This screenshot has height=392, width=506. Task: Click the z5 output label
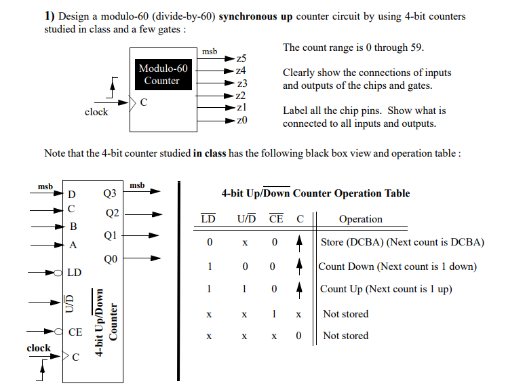click(x=241, y=58)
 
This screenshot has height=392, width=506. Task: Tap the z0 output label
click(x=241, y=120)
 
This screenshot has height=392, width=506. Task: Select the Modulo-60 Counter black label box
click(x=163, y=75)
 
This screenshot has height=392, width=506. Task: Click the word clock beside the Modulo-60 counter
click(x=96, y=112)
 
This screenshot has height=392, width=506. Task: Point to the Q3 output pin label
click(x=110, y=193)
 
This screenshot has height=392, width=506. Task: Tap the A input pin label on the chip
click(x=73, y=246)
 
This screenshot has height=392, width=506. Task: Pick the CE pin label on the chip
click(x=75, y=332)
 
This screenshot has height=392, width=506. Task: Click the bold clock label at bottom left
click(x=39, y=348)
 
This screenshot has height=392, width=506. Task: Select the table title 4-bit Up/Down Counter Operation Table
click(x=315, y=193)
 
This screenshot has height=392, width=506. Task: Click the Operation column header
click(x=360, y=219)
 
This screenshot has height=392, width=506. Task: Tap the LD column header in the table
click(x=209, y=219)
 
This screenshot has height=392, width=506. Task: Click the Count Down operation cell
click(x=397, y=267)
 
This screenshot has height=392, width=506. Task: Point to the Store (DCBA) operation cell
click(x=402, y=242)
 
